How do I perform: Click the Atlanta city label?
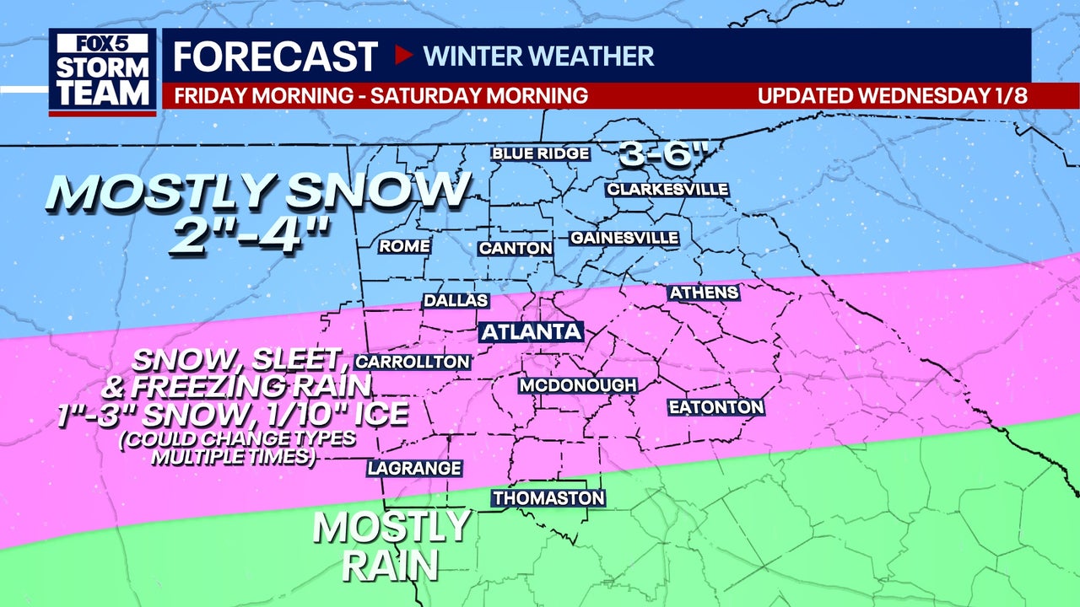(532, 331)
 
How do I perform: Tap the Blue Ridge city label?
(541, 153)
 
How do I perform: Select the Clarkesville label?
(667, 189)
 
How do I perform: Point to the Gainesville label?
(624, 238)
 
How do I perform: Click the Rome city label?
(405, 246)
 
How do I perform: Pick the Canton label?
(516, 248)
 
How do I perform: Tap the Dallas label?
(456, 300)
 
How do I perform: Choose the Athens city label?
(704, 293)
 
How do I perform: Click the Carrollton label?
(413, 362)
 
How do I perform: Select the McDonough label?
(577, 385)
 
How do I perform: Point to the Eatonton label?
(716, 407)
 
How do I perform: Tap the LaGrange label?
(414, 468)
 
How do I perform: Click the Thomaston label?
(548, 498)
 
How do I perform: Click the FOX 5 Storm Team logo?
(102, 73)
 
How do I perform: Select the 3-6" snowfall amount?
(661, 153)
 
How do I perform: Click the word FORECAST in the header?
(275, 56)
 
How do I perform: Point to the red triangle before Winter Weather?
(403, 56)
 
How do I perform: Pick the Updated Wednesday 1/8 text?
(892, 95)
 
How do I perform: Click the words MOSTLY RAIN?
(391, 545)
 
